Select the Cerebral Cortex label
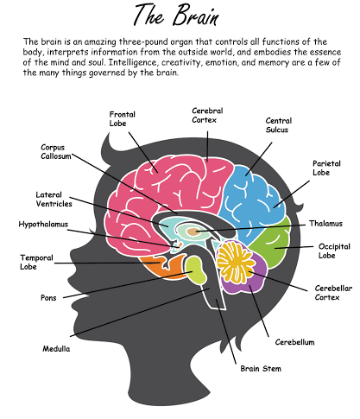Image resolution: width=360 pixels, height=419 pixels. (x=207, y=115)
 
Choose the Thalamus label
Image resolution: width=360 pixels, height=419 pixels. (x=326, y=223)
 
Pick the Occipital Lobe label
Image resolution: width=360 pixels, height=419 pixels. (x=332, y=251)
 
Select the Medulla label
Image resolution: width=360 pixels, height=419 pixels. (x=57, y=349)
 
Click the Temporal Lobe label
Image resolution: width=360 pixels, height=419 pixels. (x=36, y=262)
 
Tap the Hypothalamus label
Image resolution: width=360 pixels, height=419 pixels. (x=43, y=224)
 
